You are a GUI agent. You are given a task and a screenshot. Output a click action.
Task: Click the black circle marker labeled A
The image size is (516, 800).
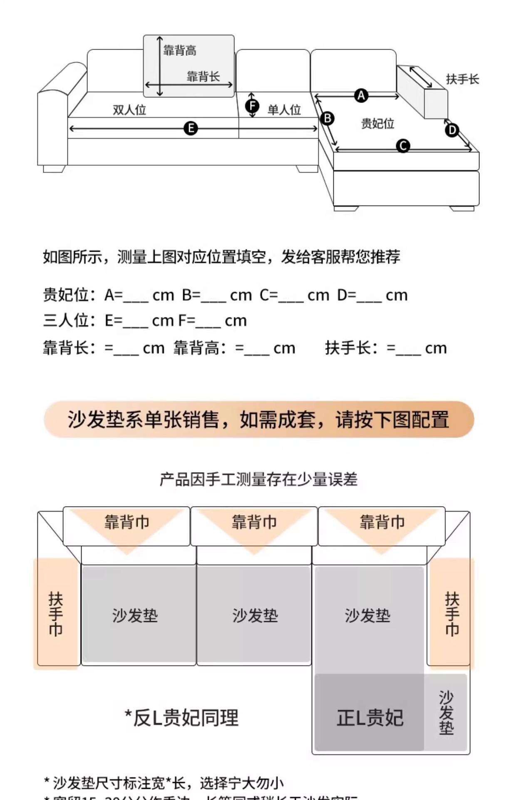pos(361,95)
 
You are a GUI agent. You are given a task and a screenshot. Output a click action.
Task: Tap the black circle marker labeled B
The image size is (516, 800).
pos(327,118)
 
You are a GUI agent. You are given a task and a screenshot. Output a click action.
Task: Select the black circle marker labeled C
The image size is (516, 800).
pos(403,146)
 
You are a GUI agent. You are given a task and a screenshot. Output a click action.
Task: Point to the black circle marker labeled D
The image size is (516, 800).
pos(452,130)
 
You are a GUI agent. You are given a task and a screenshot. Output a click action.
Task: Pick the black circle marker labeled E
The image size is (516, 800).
pos(191,128)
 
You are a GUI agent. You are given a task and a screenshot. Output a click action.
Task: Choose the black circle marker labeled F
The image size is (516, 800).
pos(252,105)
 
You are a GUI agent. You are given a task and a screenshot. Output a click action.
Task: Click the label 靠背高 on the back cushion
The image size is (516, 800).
pos(180,51)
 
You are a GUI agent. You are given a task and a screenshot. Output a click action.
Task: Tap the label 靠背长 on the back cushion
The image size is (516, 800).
pos(203,76)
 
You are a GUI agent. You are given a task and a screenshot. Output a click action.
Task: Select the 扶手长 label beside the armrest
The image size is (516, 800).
pos(462,79)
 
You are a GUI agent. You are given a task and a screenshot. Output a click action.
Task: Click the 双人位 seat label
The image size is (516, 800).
pos(129,110)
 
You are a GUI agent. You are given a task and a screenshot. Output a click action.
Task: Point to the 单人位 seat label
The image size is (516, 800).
pos(284,110)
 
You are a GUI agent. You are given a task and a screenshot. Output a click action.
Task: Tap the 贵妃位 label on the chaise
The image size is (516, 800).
pos(377,123)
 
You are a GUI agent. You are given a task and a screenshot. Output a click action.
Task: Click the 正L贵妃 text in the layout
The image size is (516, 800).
pos(370,717)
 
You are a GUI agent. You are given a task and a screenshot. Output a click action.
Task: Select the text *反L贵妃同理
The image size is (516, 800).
pos(182,717)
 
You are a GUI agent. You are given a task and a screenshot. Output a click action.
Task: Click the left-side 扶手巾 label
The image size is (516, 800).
pos(56,613)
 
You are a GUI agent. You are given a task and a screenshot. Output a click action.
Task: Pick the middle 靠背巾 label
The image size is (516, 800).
pos(254,522)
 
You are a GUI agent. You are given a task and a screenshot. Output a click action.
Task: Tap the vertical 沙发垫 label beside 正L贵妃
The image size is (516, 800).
pos(446,712)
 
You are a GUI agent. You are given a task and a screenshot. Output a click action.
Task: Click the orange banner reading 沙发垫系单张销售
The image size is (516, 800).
pos(258,419)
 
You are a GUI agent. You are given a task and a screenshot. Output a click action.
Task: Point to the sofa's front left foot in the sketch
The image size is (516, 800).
pos(54,169)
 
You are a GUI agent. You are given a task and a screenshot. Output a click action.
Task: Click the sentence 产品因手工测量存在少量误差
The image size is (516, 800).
pos(258,480)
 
